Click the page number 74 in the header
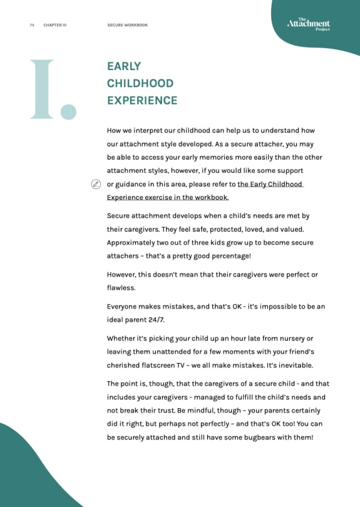pos(31,26)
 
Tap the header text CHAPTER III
pos(55,26)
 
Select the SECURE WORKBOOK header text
pos(128,26)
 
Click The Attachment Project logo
pos(308,24)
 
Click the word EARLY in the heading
pos(124,66)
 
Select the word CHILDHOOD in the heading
pos(140,83)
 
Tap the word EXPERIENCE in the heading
pos(142,100)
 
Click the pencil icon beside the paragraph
pos(96,184)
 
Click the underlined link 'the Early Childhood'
pos(270,184)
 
